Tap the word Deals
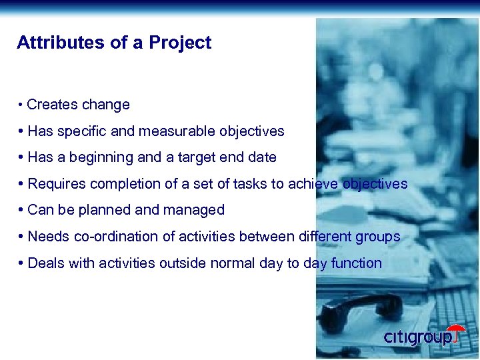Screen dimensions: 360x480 [46, 263]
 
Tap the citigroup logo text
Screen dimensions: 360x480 [417, 337]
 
